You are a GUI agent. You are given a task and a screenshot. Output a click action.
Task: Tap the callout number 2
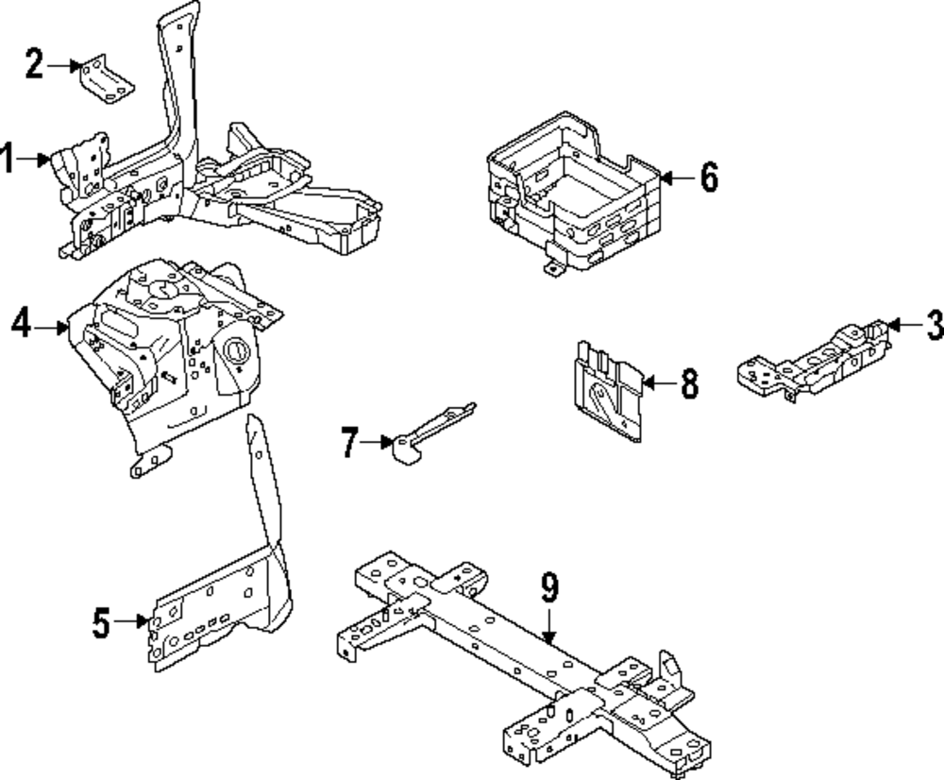34,64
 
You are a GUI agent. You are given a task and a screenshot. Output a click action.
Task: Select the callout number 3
935,325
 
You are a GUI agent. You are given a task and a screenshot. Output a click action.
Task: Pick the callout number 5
101,622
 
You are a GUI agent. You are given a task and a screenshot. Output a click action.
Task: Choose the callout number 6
709,178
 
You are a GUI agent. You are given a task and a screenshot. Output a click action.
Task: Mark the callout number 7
350,442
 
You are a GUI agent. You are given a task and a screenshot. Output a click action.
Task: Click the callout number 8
690,383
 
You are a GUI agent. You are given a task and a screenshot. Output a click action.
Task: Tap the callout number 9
549,588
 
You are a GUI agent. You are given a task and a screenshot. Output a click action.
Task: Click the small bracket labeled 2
107,79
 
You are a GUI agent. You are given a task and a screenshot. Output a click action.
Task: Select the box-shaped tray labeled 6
574,193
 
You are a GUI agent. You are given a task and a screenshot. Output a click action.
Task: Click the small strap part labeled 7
433,433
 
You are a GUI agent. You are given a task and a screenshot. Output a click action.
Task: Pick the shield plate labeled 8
607,392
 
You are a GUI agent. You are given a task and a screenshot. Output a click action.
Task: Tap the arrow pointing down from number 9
548,626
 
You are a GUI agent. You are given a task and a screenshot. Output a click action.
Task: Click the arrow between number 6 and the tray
679,178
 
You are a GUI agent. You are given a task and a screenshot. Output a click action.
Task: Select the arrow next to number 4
51,328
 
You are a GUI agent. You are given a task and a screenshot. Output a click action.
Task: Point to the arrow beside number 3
905,325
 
